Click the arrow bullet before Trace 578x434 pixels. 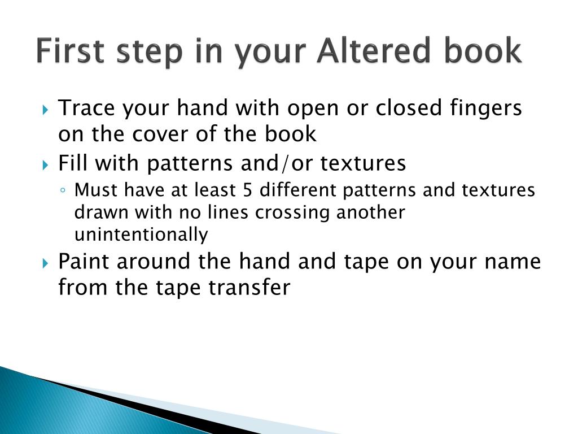(x=45, y=110)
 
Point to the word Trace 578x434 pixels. (x=86, y=108)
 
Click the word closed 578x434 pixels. (x=409, y=108)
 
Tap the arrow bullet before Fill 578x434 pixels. (x=45, y=164)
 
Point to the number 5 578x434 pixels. (x=248, y=190)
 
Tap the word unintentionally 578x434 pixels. (x=141, y=235)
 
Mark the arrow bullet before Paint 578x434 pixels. (x=45, y=263)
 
